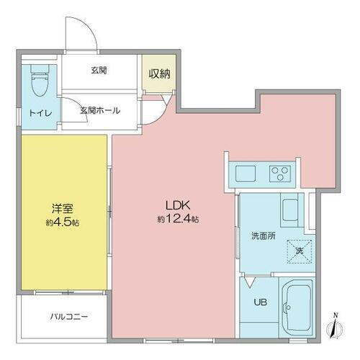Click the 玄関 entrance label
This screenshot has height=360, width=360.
[99, 70]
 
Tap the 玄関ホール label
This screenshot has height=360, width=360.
[99, 111]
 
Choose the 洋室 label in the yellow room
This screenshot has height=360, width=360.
[60, 210]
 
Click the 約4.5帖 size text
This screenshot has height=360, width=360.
[63, 222]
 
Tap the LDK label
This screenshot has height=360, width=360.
[177, 205]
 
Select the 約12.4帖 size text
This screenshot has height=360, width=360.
[178, 218]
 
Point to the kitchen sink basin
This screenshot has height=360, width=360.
[243, 174]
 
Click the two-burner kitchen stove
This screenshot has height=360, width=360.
[278, 174]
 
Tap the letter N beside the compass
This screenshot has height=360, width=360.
[334, 313]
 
